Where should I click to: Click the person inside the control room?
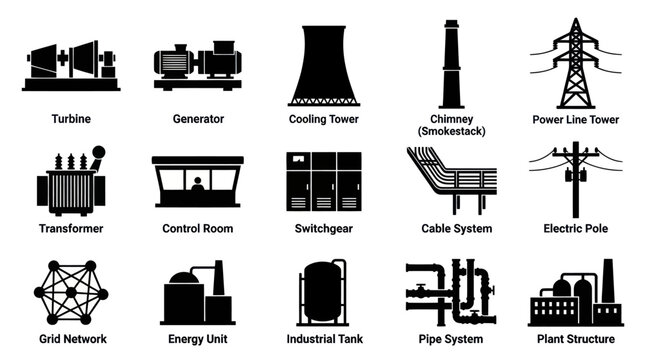[x=198, y=185]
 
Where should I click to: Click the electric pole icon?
[x=575, y=178]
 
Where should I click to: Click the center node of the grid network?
[x=71, y=292]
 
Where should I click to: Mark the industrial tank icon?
[x=323, y=292]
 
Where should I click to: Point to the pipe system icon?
[x=450, y=292]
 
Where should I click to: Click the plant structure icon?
[x=575, y=295]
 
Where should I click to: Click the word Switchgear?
[x=323, y=229]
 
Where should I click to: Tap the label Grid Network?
[x=71, y=341]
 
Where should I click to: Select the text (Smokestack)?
[x=450, y=132]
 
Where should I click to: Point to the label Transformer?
[x=70, y=229]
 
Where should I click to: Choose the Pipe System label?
[x=450, y=341]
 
